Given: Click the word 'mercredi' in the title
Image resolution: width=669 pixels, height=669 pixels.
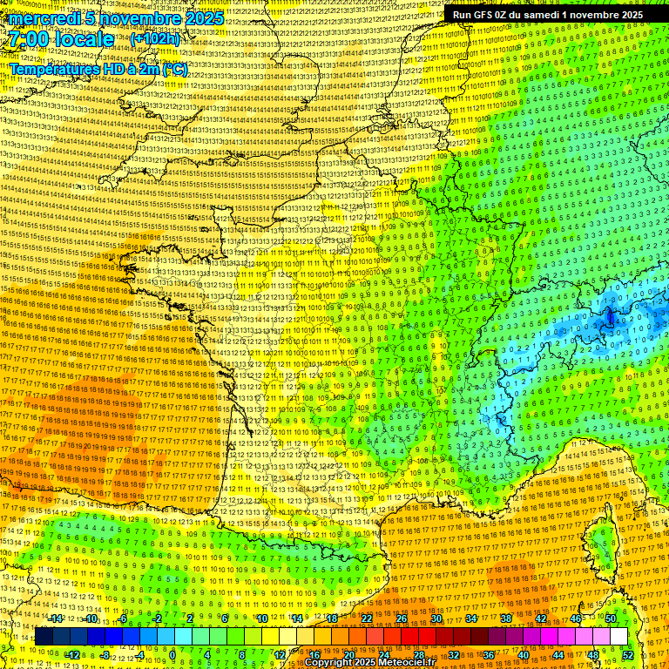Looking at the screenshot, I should coord(41,18).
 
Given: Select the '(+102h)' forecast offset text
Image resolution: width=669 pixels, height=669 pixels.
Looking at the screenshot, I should coord(155,39).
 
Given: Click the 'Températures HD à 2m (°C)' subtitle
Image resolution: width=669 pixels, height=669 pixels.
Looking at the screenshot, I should coord(98,70).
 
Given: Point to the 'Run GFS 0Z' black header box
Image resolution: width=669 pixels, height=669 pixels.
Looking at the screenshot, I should coord(547,14).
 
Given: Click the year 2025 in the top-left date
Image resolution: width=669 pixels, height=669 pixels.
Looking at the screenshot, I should coord(202,18).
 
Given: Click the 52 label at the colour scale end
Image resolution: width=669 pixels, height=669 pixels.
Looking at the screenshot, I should coord(627,655).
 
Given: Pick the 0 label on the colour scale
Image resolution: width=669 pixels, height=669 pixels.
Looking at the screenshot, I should coord(172,655).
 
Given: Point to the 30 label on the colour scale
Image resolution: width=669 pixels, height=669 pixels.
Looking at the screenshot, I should coord(436,618).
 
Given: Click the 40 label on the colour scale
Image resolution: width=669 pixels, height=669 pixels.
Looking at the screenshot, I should coord(523,655).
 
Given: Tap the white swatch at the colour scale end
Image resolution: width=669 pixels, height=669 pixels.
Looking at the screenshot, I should coord(618,637).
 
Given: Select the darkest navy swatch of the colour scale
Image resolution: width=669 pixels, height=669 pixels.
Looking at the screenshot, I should coord(44,637).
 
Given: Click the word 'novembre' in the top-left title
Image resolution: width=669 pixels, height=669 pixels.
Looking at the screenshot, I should coord(137,18).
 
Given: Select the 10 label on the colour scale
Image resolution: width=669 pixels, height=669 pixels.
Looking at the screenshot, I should coord(261,618).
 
